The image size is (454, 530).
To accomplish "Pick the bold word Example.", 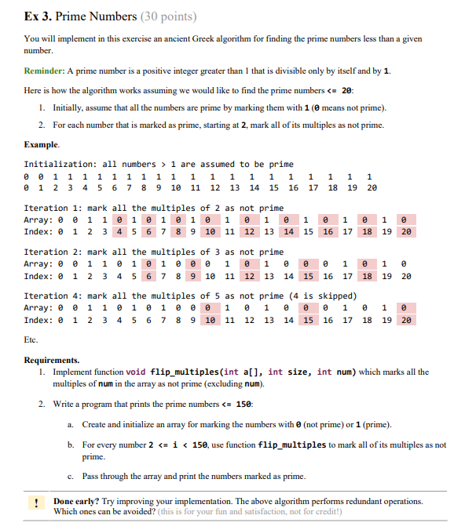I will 42,145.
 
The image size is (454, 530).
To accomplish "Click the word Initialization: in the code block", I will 61,164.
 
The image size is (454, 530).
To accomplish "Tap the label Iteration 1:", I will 53,208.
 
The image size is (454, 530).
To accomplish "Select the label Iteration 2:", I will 53,252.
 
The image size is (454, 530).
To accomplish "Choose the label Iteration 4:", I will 53,296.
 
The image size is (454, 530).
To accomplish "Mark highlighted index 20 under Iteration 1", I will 406,233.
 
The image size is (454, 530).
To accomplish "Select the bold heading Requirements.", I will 52,360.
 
